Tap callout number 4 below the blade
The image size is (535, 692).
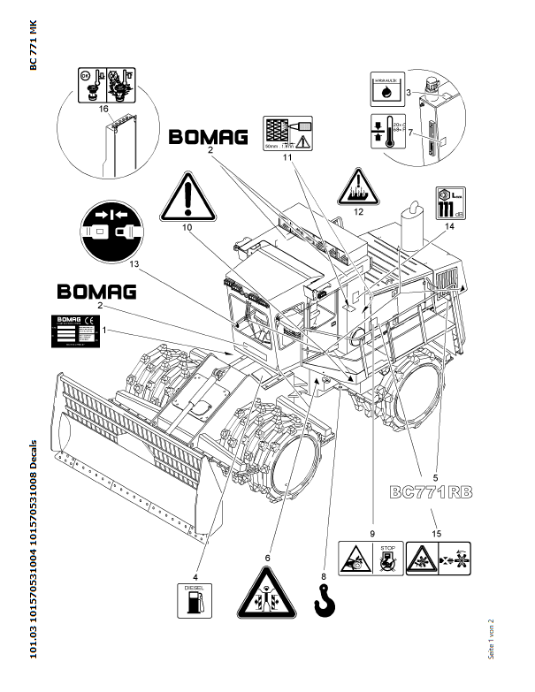[x=196, y=554]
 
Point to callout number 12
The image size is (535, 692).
[x=358, y=212]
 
